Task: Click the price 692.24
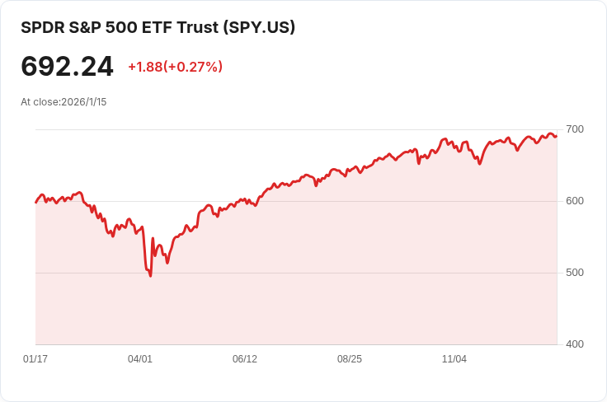[x=67, y=67]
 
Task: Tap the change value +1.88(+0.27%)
[x=175, y=67]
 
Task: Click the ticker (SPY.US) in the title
[x=259, y=27]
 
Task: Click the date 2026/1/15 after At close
[x=84, y=102]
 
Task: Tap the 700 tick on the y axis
[x=575, y=129]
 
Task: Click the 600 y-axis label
[x=575, y=201]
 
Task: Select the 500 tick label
[x=575, y=273]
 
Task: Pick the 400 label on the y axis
[x=575, y=344]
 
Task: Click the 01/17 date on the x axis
[x=35, y=359]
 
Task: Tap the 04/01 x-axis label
[x=140, y=359]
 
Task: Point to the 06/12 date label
[x=245, y=359]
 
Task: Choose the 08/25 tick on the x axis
[x=350, y=359]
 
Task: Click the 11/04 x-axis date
[x=454, y=359]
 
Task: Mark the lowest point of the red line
[x=150, y=276]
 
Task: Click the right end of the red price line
[x=557, y=136]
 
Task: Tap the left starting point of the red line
[x=35, y=202]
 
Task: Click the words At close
[x=40, y=102]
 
